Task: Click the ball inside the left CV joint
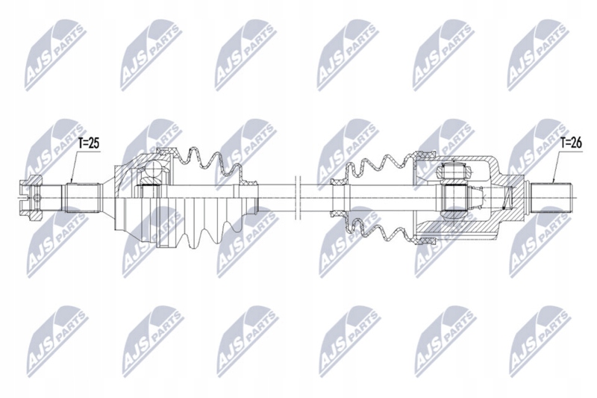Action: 151,174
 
